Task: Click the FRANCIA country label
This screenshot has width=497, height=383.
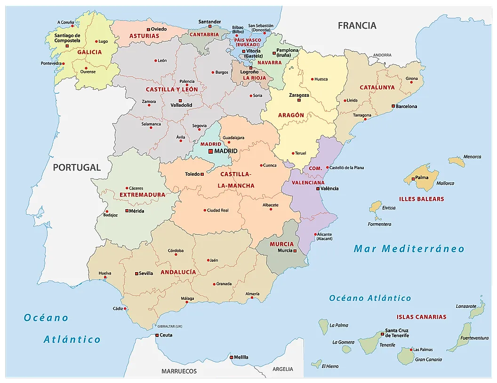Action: (357, 25)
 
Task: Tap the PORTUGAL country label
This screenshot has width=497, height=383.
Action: (77, 167)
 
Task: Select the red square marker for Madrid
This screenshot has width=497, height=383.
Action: (210, 151)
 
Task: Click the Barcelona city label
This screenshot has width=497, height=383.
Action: (406, 107)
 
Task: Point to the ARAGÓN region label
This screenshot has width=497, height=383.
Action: (291, 115)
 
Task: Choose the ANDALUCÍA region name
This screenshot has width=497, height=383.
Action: (178, 272)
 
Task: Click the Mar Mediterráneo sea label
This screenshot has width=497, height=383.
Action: (409, 249)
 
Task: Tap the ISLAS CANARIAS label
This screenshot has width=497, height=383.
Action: (421, 317)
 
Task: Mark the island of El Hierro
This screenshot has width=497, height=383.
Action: (317, 364)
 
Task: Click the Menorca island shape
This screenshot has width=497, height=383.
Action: (456, 162)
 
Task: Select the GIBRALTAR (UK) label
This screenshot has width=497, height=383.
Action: (169, 326)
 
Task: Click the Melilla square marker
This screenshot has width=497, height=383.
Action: (231, 357)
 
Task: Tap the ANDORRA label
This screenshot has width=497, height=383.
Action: (382, 55)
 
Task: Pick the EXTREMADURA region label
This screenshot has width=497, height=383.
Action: (142, 195)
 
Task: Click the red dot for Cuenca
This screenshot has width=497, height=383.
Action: (262, 165)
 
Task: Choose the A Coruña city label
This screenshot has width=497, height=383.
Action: (65, 22)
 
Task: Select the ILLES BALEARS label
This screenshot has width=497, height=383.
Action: (421, 199)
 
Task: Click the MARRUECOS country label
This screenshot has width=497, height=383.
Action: (179, 371)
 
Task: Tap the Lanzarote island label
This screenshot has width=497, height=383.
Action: (466, 306)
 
